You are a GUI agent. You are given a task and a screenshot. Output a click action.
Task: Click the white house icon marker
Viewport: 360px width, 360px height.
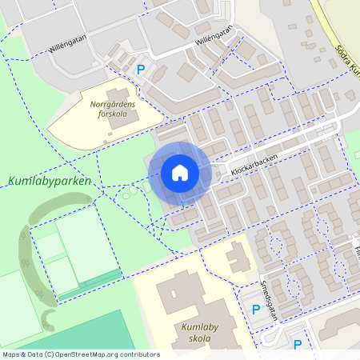point(180,173)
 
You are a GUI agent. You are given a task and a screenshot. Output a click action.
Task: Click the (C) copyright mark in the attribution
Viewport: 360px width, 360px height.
point(50,354)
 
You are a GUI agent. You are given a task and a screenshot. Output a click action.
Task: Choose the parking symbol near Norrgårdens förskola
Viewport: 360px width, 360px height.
point(142,70)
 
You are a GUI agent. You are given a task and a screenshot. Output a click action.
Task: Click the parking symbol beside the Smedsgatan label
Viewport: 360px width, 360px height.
point(256,310)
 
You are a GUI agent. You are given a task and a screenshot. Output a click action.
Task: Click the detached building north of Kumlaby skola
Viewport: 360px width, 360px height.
point(238,258)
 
